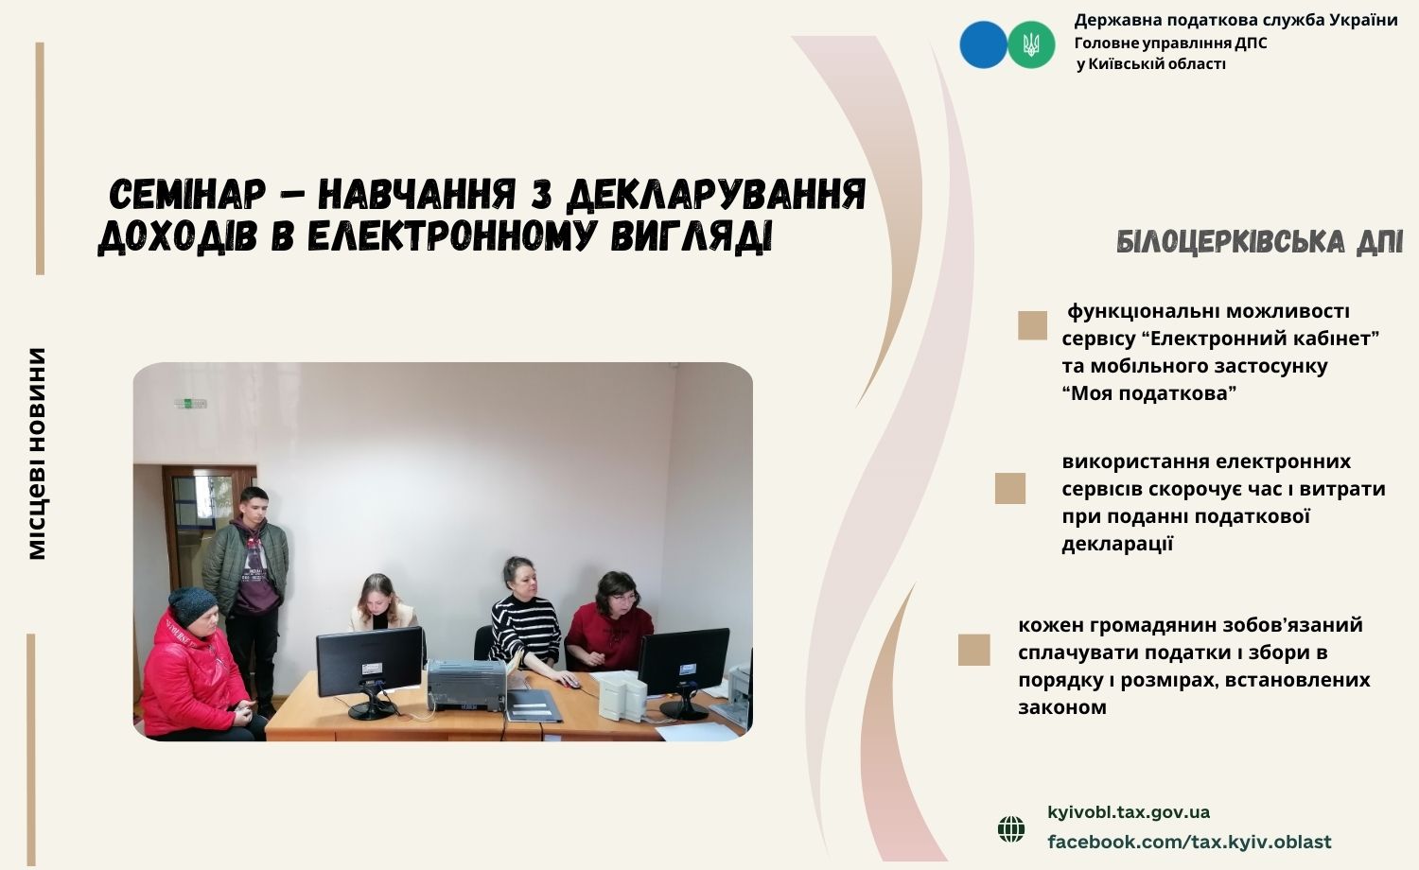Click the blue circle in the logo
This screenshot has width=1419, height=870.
[x=983, y=45]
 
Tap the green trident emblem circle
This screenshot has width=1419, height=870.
[x=1031, y=45]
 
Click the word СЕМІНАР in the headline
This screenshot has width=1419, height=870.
[x=187, y=195]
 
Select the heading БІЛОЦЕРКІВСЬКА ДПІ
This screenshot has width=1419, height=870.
[x=1259, y=242]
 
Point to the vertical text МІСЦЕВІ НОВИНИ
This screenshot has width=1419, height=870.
[x=38, y=453]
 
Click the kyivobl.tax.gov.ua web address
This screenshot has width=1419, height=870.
[x=1129, y=812]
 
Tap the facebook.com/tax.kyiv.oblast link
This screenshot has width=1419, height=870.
[x=1189, y=843]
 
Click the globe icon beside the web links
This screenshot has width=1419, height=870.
[x=1011, y=828]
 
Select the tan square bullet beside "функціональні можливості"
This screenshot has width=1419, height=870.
[x=1033, y=325]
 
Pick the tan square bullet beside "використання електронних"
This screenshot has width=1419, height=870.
[x=1009, y=488]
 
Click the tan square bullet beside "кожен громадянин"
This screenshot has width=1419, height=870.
[x=973, y=650]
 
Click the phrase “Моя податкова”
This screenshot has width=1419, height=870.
[x=1149, y=393]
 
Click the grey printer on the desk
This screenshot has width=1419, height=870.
[x=467, y=686]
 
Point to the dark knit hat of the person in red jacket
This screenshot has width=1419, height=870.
[x=193, y=605]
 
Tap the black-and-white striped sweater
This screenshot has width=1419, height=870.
[x=525, y=631]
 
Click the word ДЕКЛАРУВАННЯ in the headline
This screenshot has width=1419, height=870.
[x=715, y=195]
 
